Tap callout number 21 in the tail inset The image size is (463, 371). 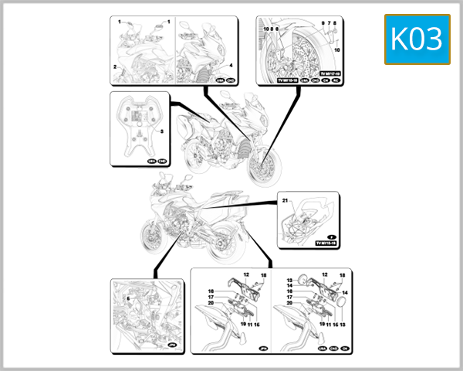pyautogui.click(x=285, y=201)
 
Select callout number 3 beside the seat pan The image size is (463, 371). pyautogui.click(x=161, y=131)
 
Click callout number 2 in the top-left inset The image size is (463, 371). pyautogui.click(x=115, y=68)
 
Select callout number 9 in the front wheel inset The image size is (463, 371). pyautogui.click(x=322, y=25)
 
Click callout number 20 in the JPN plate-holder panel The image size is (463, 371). pyautogui.click(x=210, y=303)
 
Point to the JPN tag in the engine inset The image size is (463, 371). pyautogui.click(x=172, y=345)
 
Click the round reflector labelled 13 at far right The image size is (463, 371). pyautogui.click(x=338, y=306)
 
